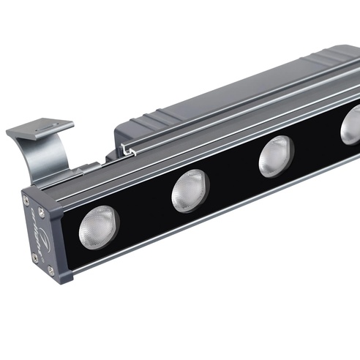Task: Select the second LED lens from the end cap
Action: [190, 190]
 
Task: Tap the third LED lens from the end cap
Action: [276, 156]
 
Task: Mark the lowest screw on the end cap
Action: [50, 270]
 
